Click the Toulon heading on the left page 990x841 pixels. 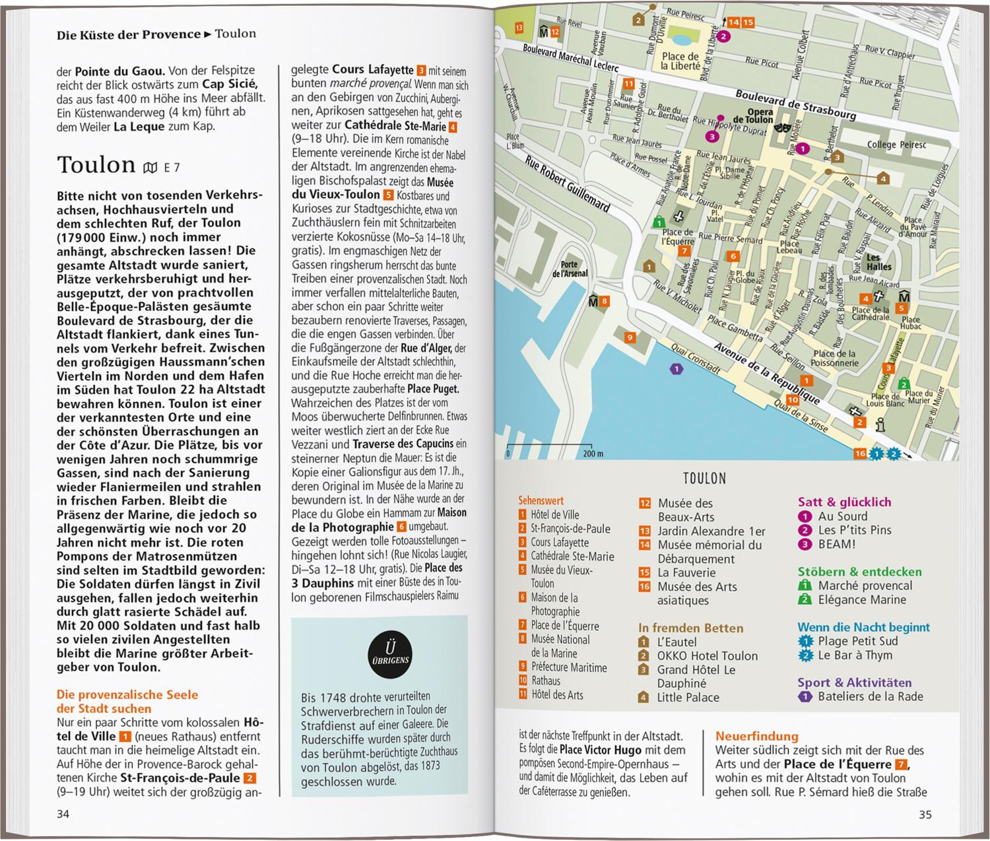coord(96,165)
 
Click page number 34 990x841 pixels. coord(63,814)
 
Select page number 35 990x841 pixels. coord(925,815)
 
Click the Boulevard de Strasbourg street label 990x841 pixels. coord(796,105)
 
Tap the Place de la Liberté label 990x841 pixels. coord(680,61)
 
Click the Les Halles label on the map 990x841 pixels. coord(879,262)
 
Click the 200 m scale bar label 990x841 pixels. coord(593,454)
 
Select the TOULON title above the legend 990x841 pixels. coord(704,479)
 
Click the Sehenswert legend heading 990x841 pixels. coord(541,501)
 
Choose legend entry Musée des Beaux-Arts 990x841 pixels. coord(685,510)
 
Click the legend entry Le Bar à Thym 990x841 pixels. coord(855,656)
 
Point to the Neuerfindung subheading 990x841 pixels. coord(756,736)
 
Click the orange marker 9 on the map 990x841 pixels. coord(630,338)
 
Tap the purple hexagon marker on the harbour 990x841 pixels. coord(675,369)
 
